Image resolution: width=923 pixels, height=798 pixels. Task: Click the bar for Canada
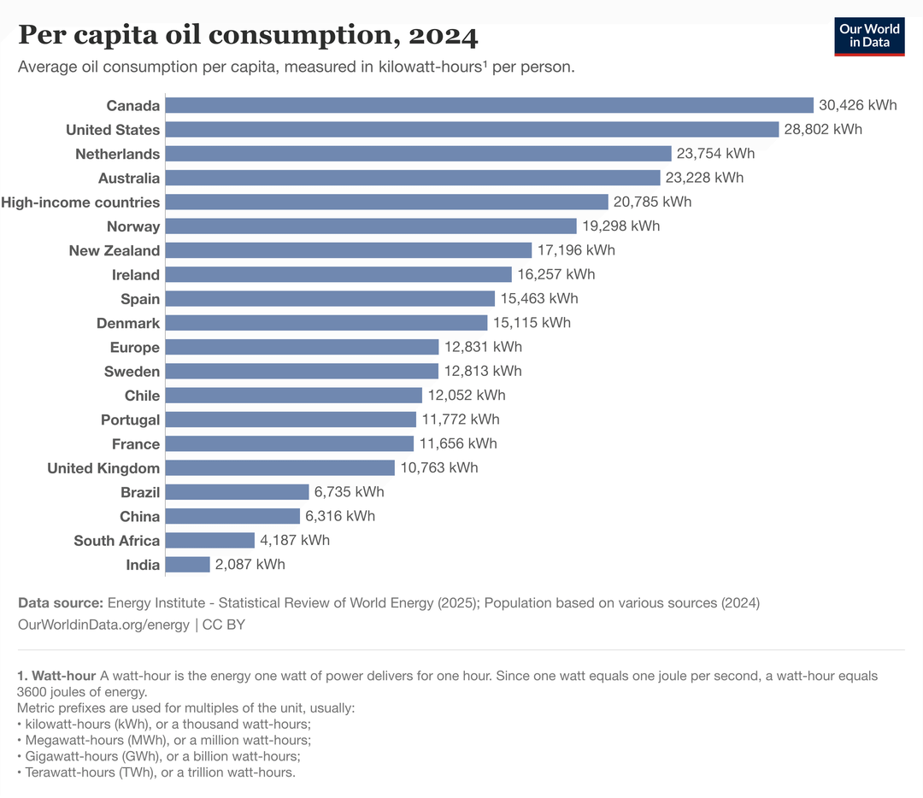(489, 105)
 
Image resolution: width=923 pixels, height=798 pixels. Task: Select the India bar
(187, 565)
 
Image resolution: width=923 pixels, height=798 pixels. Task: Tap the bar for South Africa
(209, 540)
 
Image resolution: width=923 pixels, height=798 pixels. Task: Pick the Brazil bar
(237, 492)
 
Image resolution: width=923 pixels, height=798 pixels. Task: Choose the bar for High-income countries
(386, 202)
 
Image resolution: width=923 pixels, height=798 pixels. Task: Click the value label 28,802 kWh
(823, 129)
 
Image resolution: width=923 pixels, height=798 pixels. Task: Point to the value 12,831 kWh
(483, 347)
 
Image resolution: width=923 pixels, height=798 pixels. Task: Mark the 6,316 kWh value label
(340, 516)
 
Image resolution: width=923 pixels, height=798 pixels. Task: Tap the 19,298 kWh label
(620, 226)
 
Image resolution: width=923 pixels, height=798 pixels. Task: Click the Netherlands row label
(117, 154)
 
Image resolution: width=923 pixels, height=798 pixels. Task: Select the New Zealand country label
(115, 250)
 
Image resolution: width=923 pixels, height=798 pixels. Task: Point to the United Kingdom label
(103, 468)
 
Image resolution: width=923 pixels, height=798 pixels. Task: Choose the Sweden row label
(132, 372)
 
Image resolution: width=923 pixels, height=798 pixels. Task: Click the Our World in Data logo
(869, 35)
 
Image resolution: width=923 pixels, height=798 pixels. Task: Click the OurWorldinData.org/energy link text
(103, 625)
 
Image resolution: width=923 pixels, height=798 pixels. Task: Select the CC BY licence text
(224, 625)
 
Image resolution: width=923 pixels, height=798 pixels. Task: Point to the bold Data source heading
(61, 602)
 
